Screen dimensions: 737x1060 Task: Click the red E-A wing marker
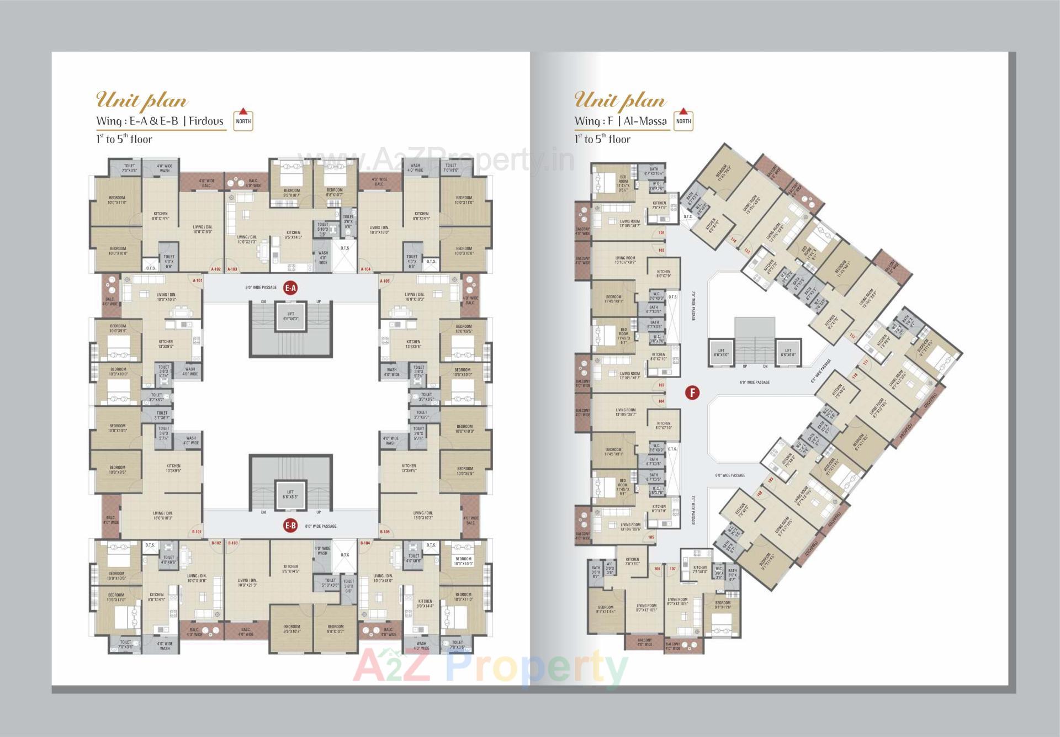290,288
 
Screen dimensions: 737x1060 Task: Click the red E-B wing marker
290,526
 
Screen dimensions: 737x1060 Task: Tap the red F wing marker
692,393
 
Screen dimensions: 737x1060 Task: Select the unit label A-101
197,280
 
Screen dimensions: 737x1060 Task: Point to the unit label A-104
365,269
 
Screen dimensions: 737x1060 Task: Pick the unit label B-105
385,532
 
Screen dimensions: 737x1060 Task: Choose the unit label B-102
216,543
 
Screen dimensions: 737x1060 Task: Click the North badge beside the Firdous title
243,120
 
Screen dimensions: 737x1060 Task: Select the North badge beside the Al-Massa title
683,120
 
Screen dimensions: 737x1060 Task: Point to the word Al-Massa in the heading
645,121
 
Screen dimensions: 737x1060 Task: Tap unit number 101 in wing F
661,233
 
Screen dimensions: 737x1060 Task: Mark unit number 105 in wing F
651,537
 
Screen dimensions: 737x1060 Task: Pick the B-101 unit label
197,532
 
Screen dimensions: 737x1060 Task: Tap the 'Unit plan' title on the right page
620,100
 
